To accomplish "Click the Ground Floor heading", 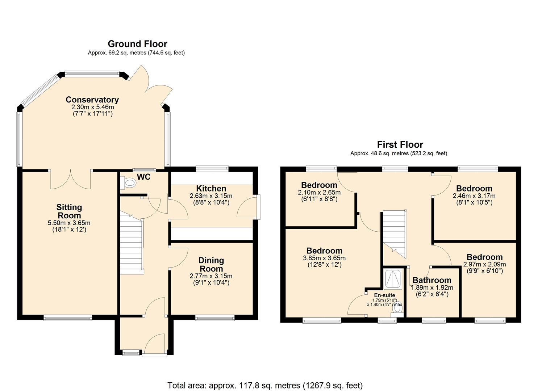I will coord(137,44).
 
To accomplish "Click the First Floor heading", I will coord(400,144).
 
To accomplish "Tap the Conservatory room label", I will coord(92,100).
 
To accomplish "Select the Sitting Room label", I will coord(69,211).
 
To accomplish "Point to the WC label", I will coord(143,177).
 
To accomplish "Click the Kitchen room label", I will coord(211,188).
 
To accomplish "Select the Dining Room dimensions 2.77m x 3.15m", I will coord(211,276).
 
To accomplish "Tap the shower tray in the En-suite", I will coord(393,279).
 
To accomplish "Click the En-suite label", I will coord(384,295).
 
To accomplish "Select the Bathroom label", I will coord(432,280).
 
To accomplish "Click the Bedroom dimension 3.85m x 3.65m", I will coord(324,258).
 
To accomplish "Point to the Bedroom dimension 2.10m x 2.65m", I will coord(319,192).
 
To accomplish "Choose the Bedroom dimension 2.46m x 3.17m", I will coord(474,196).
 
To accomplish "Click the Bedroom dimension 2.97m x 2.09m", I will coord(484,264).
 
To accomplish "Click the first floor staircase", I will coord(395,232).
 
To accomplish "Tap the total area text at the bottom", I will coord(265,385).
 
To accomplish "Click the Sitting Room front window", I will coord(68,318).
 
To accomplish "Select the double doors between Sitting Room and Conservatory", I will coord(70,179).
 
